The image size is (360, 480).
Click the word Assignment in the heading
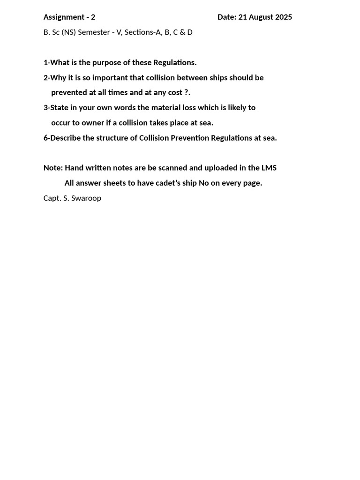point(63,17)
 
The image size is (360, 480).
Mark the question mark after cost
point(186,92)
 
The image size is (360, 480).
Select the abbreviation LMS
point(269,168)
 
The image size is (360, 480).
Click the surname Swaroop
point(87,198)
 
